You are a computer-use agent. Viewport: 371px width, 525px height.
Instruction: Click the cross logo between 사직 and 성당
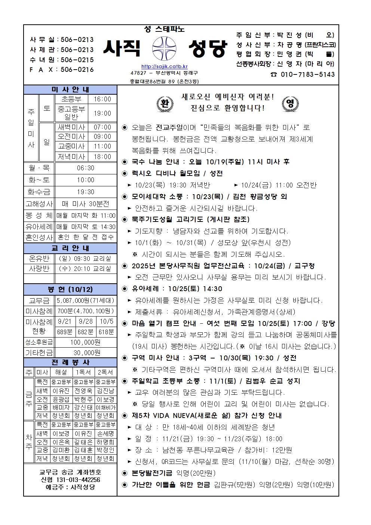164,49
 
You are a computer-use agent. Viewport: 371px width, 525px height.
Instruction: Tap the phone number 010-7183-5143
307,74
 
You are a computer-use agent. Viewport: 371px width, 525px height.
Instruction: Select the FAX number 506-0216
77,70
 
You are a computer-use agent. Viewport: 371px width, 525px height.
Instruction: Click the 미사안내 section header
70,90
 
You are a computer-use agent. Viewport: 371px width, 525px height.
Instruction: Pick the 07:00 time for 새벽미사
102,127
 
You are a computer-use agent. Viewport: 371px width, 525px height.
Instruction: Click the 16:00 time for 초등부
102,99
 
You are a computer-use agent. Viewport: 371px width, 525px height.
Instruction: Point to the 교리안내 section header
70,248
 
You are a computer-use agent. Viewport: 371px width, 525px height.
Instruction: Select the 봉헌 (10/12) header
70,289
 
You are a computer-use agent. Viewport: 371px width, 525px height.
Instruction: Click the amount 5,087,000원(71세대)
86,300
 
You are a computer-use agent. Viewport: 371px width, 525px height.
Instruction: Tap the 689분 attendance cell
65,332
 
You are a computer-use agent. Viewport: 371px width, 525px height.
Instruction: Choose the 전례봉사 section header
70,363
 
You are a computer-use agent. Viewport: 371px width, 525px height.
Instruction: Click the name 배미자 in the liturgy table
61,407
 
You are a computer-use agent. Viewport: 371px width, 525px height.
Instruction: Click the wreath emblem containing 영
290,103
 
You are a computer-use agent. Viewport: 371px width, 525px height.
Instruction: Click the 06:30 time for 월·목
86,168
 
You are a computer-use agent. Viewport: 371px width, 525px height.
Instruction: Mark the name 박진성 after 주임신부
289,35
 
